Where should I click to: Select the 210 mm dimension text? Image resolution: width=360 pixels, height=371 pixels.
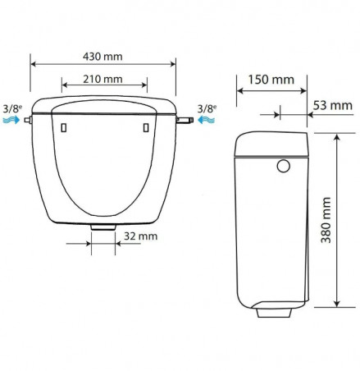[x=104, y=80]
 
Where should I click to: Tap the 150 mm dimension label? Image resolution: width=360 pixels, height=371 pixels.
[x=271, y=80]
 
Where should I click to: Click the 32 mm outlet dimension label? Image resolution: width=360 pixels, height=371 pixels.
[x=137, y=236]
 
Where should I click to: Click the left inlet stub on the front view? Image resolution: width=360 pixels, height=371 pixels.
[x=28, y=120]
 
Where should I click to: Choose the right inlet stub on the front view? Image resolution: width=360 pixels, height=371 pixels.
[x=183, y=120]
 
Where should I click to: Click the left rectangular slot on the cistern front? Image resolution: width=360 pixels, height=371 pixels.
[x=63, y=128]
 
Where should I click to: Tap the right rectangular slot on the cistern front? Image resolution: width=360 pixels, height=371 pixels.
[x=145, y=128]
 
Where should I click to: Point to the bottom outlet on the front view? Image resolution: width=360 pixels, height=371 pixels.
[x=103, y=225]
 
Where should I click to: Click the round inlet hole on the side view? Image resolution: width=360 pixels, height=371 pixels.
[x=285, y=166]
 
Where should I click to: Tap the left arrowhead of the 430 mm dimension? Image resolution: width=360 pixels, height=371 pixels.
[x=34, y=62]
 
